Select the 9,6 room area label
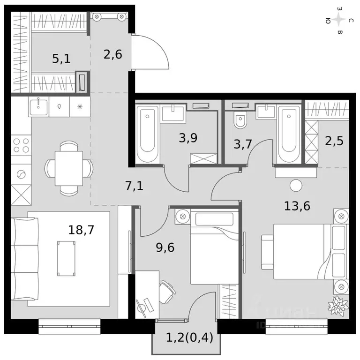[x=165, y=247]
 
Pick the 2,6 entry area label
[x=112, y=54]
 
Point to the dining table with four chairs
[x=68, y=168]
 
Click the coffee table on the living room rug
[x=66, y=258]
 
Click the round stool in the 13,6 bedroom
[x=296, y=185]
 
